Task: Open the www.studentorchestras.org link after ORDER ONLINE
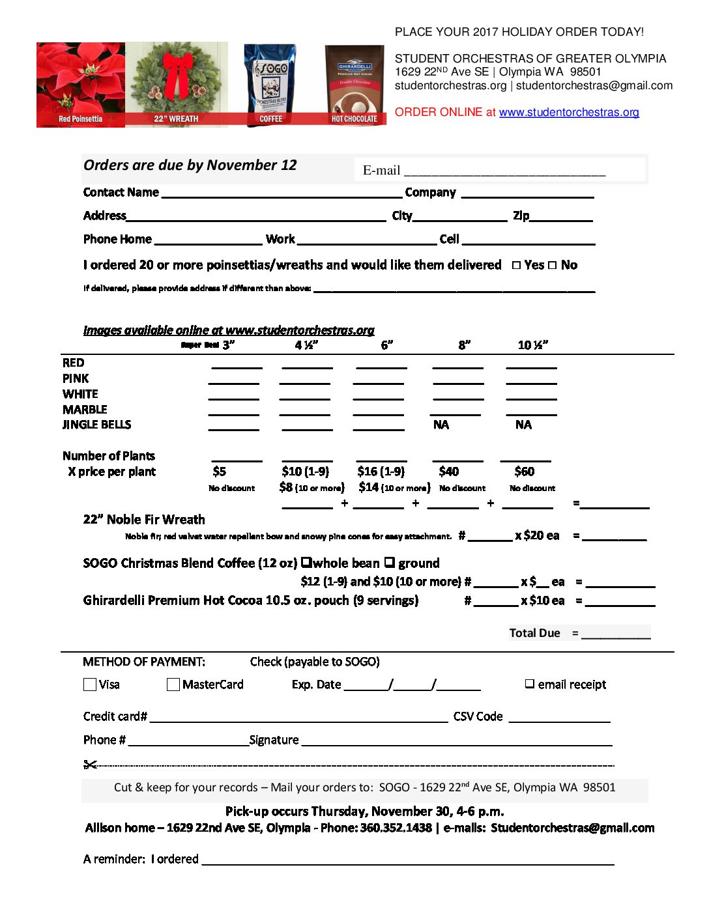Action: click(569, 112)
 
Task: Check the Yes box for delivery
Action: click(516, 265)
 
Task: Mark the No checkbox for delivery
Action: click(553, 265)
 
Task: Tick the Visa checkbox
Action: click(90, 684)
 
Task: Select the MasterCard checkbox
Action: click(173, 684)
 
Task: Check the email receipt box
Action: click(530, 684)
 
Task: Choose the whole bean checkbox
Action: click(306, 562)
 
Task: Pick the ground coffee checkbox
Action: click(389, 562)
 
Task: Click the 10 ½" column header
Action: click(532, 345)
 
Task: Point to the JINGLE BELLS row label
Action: click(96, 425)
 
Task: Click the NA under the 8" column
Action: click(441, 425)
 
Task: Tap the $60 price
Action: click(524, 472)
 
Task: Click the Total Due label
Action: click(534, 633)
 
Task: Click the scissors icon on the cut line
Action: click(90, 764)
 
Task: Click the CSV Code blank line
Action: click(559, 720)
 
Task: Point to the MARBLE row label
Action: click(85, 410)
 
